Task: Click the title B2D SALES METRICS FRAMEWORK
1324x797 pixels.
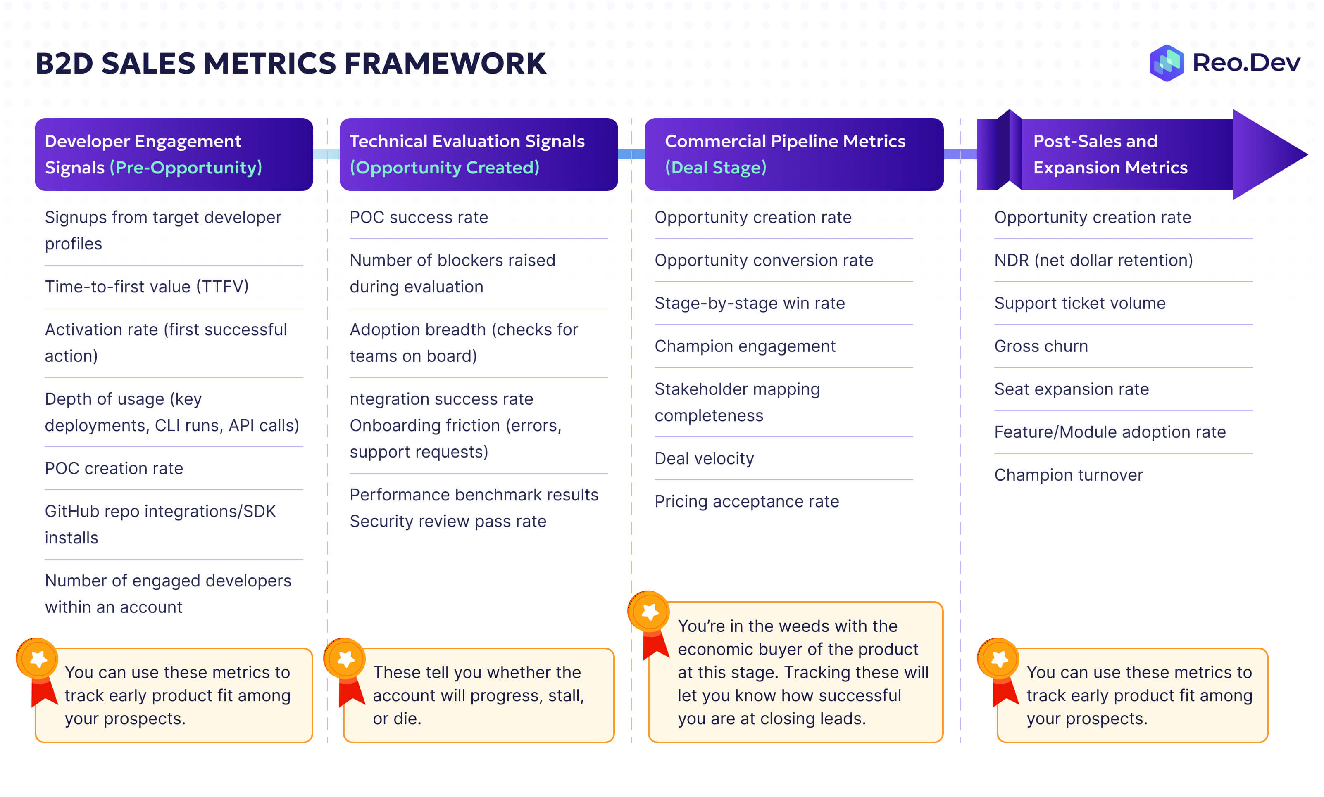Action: click(291, 63)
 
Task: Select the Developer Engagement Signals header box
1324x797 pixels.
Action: click(174, 154)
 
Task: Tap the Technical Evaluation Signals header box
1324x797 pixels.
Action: click(478, 154)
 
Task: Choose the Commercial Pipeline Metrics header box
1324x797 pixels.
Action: click(794, 154)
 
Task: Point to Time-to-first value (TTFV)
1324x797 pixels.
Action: click(147, 286)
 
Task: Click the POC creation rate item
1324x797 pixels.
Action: click(114, 468)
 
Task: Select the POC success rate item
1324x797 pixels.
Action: click(419, 218)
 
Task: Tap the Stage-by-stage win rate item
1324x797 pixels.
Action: click(750, 304)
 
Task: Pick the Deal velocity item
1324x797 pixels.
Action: click(704, 459)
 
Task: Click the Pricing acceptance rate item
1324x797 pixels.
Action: click(746, 502)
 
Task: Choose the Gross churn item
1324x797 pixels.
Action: click(1041, 346)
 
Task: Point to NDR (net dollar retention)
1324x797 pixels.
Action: click(1093, 261)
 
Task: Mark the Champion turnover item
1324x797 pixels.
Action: click(1068, 475)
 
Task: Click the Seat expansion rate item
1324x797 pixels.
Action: click(1072, 389)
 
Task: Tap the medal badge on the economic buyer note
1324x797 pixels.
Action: click(649, 612)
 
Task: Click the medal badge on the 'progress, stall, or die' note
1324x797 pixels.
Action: click(345, 659)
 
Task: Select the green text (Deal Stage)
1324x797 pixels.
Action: click(715, 168)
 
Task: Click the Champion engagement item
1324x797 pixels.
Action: click(745, 346)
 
